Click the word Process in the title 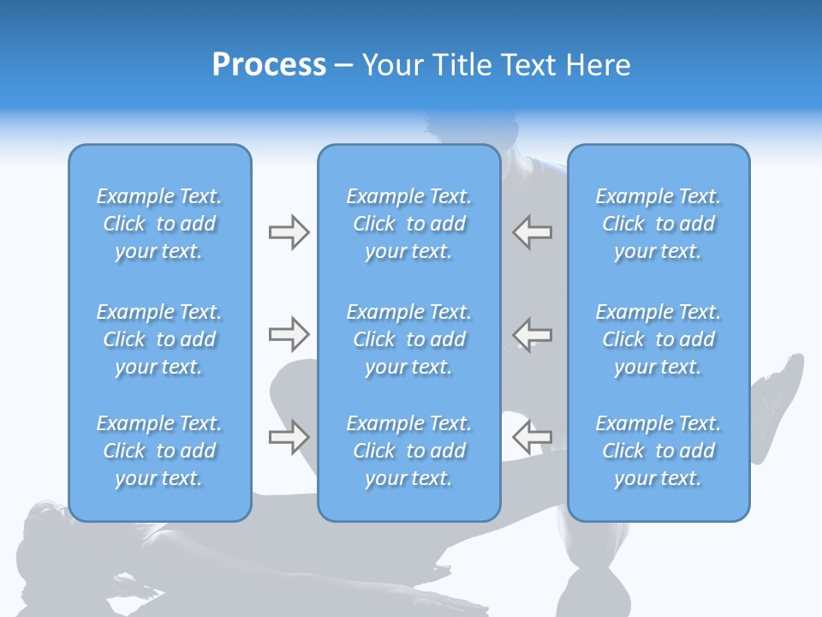269,65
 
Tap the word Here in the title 598,65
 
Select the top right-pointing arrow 289,232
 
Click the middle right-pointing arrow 289,333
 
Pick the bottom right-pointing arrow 289,437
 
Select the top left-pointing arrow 533,232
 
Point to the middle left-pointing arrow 533,333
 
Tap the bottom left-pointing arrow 533,437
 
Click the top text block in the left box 159,224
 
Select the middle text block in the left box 159,339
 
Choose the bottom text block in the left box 159,451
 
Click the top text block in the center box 409,224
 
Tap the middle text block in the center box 409,339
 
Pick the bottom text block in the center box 409,451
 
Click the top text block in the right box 658,224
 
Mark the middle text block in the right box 658,339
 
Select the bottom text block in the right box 658,451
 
